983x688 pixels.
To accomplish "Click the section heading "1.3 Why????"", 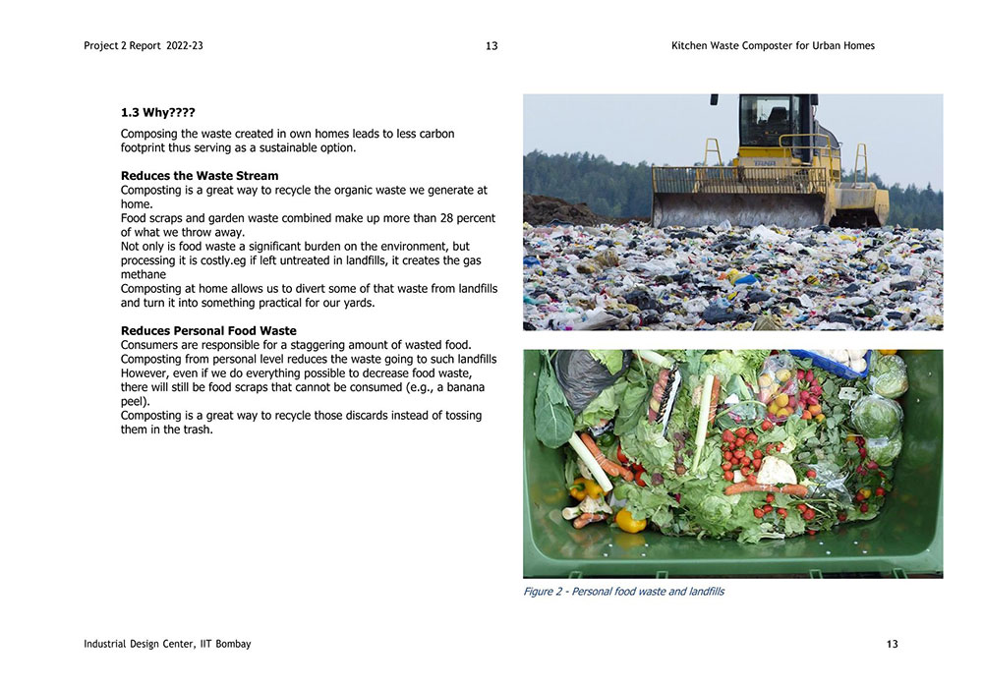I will click(x=157, y=113).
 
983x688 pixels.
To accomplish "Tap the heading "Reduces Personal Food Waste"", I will click(x=208, y=330).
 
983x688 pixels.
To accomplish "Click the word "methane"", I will click(x=144, y=275).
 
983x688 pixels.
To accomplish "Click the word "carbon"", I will click(x=435, y=134).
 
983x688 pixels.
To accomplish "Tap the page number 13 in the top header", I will click(x=491, y=46).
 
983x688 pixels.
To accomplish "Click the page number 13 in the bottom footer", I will click(x=892, y=645).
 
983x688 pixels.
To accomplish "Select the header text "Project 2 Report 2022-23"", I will click(x=144, y=46).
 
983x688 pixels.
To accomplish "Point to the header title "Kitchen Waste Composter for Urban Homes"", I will click(x=773, y=46).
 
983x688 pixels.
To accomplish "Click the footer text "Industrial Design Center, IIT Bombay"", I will click(x=167, y=645).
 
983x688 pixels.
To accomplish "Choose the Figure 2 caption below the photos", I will click(x=623, y=592).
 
